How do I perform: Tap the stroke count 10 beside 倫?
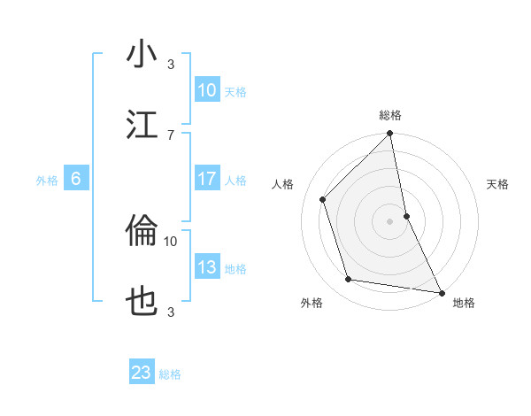pyautogui.click(x=171, y=240)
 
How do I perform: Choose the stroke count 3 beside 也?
pyautogui.click(x=171, y=311)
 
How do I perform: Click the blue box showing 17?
pyautogui.click(x=207, y=179)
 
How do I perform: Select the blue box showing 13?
pyautogui.click(x=207, y=267)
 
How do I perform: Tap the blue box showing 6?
pyautogui.click(x=76, y=179)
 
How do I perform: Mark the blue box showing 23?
pyautogui.click(x=142, y=373)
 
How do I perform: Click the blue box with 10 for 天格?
pyautogui.click(x=207, y=90)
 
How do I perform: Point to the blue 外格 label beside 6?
pyautogui.click(x=47, y=181)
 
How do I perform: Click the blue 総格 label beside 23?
pyautogui.click(x=170, y=374)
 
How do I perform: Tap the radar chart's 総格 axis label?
pyautogui.click(x=390, y=115)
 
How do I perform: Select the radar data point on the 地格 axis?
pyautogui.click(x=441, y=292)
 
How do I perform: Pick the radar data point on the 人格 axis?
pyautogui.click(x=323, y=199)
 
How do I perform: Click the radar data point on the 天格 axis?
pyautogui.click(x=407, y=215)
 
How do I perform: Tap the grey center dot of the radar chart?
pyautogui.click(x=390, y=221)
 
